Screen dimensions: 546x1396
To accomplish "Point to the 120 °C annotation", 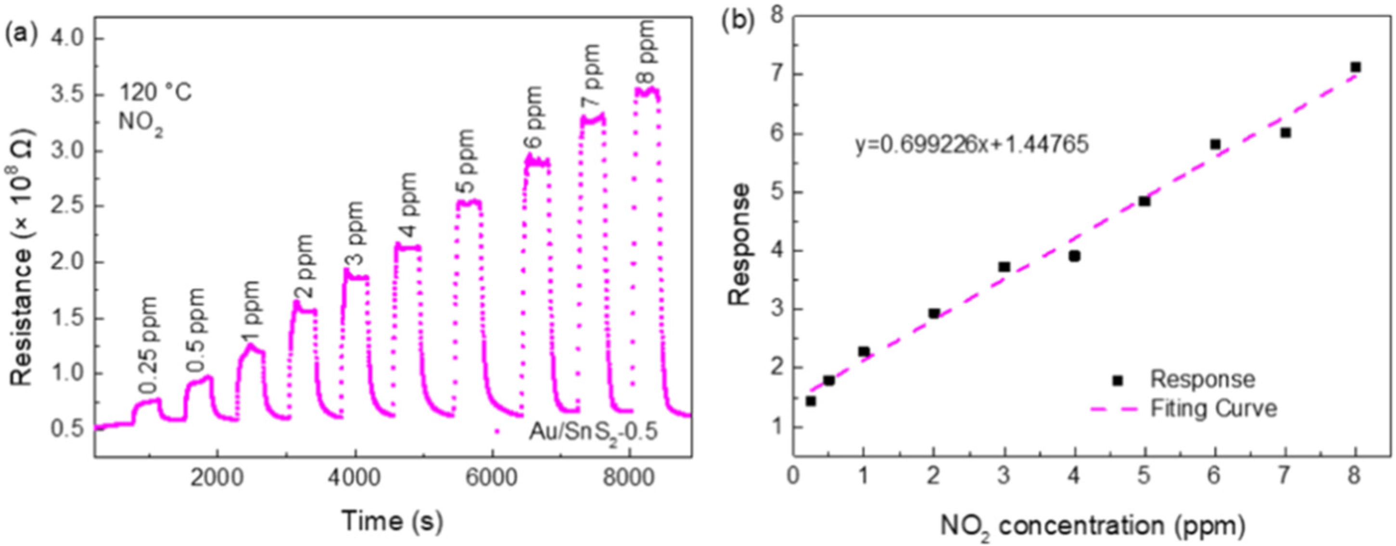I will (x=155, y=94).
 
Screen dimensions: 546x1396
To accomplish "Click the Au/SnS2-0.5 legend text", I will (x=594, y=432).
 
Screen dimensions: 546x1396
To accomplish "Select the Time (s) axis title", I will (x=393, y=521).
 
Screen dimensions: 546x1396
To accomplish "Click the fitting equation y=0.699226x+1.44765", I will (x=972, y=145).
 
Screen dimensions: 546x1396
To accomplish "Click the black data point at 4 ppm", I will (x=1075, y=256).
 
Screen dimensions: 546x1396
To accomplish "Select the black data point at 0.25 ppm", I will (x=811, y=401).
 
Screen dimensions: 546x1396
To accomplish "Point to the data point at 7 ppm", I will (x=1285, y=133).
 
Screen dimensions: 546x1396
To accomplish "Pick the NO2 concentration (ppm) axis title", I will (x=1093, y=526).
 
